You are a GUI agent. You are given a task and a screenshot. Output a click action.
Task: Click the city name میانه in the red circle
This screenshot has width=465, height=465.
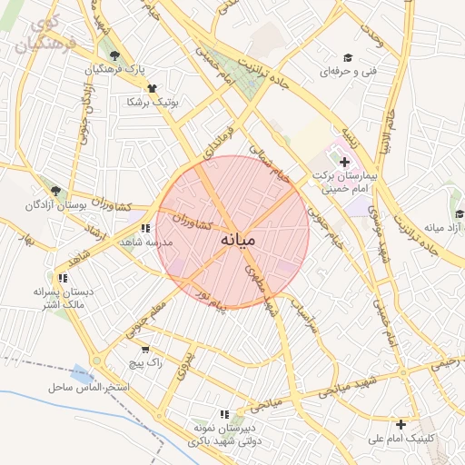(x=238, y=240)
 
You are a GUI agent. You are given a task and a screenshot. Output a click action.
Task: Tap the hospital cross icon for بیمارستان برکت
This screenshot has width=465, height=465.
(x=344, y=162)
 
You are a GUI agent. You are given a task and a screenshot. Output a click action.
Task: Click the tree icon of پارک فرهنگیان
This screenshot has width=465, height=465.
(x=114, y=56)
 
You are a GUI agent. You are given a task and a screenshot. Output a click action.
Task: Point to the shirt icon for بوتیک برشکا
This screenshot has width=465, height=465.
(x=151, y=88)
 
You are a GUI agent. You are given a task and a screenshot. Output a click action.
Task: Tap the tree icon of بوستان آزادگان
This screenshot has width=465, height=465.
(x=56, y=191)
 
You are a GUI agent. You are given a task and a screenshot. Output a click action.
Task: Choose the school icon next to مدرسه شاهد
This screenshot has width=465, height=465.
(x=145, y=229)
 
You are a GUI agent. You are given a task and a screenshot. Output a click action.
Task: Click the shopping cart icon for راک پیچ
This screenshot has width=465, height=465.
(x=145, y=349)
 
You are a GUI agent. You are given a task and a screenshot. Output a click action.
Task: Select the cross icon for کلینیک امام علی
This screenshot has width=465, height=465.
(x=401, y=424)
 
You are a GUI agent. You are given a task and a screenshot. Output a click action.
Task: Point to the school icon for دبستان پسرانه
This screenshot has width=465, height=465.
(x=62, y=278)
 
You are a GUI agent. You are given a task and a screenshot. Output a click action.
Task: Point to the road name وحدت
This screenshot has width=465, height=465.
(x=372, y=35)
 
